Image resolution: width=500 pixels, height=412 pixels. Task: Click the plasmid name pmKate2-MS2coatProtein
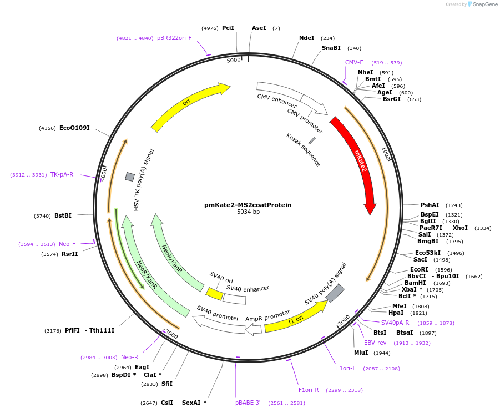pos(248,205)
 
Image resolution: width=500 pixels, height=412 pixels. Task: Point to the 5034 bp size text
pos(248,212)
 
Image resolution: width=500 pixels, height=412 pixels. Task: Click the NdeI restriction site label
pos(306,38)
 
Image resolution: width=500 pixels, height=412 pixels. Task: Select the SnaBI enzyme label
pos(331,48)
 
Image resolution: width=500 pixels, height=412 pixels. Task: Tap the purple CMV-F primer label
pos(354,63)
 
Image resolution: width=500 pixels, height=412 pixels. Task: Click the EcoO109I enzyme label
pos(74,128)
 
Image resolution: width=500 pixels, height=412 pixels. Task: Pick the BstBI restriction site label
pos(63,216)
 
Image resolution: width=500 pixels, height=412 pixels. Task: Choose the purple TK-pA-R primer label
pos(62,175)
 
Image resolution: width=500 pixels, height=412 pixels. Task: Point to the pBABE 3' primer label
pos(248,403)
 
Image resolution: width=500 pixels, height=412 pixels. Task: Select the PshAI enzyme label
pos(430,205)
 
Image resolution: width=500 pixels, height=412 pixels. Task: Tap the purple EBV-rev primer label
pos(375,343)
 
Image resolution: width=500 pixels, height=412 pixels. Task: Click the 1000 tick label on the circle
pos(386,154)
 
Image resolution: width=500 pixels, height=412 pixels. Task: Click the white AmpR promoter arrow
pos(254,329)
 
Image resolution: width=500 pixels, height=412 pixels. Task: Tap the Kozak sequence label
pos(303,150)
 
